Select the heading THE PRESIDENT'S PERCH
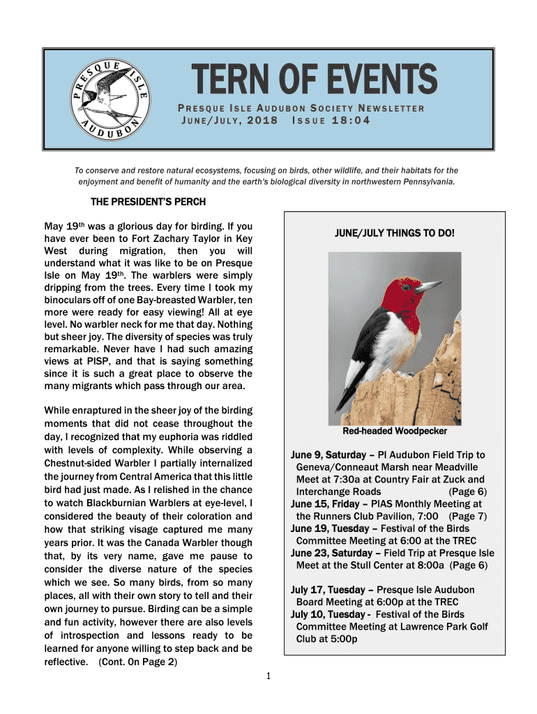(x=149, y=202)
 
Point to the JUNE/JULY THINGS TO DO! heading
(x=395, y=233)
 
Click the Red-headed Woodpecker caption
(x=395, y=432)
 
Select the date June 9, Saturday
(x=331, y=455)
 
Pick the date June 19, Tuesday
(x=330, y=529)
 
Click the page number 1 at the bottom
(x=268, y=676)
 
